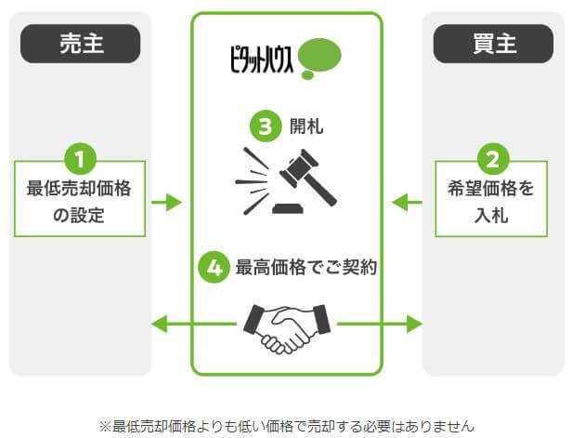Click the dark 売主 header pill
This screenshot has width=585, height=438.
80,44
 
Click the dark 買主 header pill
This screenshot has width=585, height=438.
493,44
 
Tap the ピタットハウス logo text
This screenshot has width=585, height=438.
261,59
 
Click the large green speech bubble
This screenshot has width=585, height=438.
320,55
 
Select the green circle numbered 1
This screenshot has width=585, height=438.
80,159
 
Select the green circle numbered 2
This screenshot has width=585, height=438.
493,159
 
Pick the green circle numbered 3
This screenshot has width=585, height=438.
266,126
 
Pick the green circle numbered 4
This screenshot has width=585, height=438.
214,267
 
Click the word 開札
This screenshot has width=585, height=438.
306,126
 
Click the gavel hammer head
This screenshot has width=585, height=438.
299,168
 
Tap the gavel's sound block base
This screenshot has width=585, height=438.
288,208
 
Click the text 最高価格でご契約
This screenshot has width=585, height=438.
306,268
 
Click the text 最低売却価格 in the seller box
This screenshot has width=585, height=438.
79,189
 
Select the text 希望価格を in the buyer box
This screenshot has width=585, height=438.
491,189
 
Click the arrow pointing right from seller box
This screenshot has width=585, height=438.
167,202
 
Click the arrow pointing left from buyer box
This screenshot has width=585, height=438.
407,202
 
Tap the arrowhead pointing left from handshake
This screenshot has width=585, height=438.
160,324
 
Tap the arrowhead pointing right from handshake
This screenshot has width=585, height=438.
414,324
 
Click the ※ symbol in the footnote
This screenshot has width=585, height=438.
105,427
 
